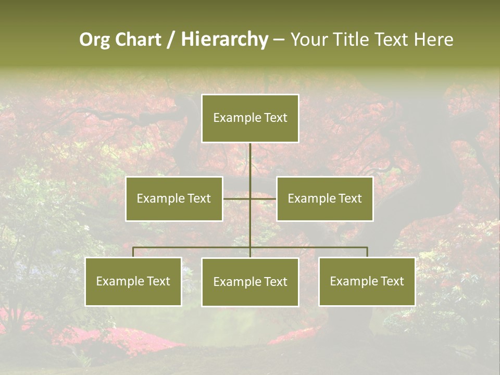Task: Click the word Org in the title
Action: tap(94, 40)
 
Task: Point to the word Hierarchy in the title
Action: tap(224, 40)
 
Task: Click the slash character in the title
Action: tap(171, 40)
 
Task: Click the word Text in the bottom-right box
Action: tap(392, 281)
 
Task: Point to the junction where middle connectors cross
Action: tap(250, 198)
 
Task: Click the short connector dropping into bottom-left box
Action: tap(133, 252)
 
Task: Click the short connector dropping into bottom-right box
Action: tap(367, 252)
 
